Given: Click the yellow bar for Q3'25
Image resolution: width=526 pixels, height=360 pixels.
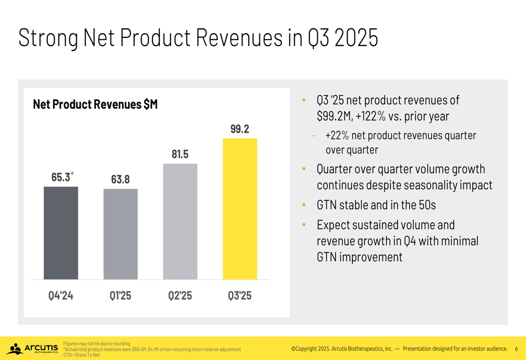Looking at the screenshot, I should (240, 209).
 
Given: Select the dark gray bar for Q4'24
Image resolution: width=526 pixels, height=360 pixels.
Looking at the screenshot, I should (60, 233).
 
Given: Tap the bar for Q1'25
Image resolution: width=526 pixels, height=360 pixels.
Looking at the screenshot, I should (120, 234).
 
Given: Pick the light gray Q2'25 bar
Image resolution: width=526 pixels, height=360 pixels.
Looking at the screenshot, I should (180, 221).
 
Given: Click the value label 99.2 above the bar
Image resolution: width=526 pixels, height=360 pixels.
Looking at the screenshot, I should (239, 129).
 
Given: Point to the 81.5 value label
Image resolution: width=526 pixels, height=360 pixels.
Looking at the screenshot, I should (180, 154).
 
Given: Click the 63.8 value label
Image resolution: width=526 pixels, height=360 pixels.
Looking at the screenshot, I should (120, 179).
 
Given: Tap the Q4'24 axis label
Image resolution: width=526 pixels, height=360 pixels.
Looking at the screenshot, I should (60, 296).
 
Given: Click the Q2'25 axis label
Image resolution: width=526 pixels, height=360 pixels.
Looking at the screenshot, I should (180, 296).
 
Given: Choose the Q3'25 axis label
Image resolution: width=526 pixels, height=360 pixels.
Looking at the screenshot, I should (240, 296).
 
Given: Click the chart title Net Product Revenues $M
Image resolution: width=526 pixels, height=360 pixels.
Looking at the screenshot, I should (95, 105).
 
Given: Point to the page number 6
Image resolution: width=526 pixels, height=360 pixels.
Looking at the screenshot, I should (516, 348).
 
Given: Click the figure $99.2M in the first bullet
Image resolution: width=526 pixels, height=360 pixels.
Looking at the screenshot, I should (333, 116).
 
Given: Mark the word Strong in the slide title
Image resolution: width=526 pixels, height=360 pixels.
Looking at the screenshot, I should (48, 38).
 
